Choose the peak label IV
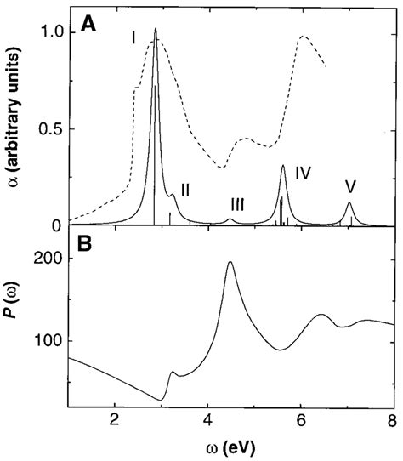click(x=304, y=173)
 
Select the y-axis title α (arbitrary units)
click(x=14, y=119)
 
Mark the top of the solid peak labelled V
click(x=349, y=202)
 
